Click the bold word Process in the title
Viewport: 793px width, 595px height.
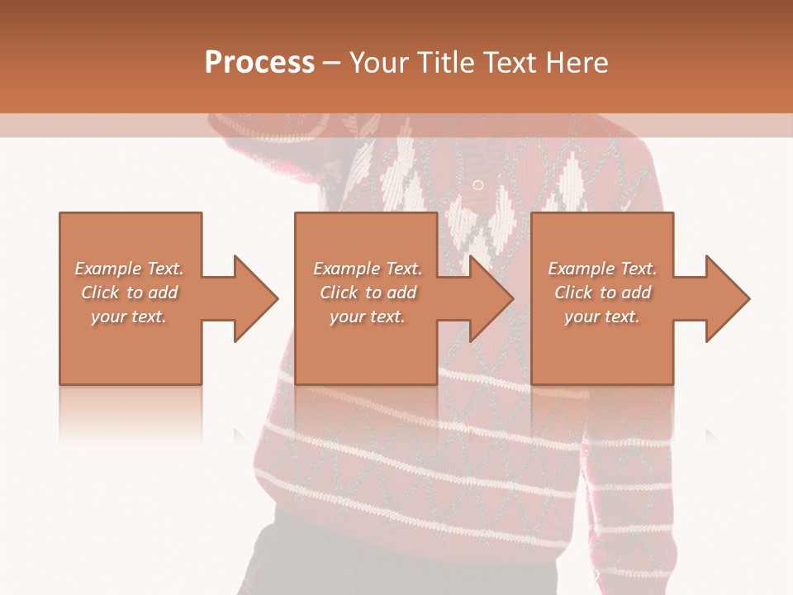(259, 63)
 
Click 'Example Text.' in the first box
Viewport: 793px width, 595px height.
(129, 269)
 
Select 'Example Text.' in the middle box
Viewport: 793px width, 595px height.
(368, 269)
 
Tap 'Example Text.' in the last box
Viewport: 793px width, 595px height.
(602, 269)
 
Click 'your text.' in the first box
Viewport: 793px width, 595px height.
(129, 317)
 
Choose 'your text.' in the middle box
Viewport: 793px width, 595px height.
(368, 317)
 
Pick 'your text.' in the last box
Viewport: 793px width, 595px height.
(602, 317)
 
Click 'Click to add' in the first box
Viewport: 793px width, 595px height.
(129, 293)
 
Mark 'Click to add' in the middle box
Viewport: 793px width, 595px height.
(368, 293)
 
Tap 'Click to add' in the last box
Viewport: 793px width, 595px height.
(602, 293)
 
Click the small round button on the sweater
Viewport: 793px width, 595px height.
(477, 184)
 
